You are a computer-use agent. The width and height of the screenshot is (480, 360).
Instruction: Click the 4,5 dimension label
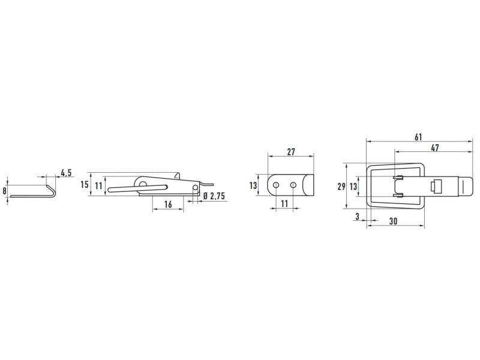[x=66, y=173]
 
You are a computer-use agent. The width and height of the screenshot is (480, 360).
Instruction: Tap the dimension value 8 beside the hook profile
[x=4, y=191]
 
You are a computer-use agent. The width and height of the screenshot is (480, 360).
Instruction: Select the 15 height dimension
[x=85, y=184]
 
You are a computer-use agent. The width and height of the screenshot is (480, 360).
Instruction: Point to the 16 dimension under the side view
[x=168, y=204]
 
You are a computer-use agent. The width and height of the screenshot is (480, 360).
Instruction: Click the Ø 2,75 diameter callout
[x=214, y=196]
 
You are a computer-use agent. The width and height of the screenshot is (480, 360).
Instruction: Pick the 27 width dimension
[x=291, y=152]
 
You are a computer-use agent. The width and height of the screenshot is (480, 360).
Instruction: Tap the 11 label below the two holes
[x=284, y=203]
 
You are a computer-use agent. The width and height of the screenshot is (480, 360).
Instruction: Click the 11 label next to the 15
[x=98, y=185]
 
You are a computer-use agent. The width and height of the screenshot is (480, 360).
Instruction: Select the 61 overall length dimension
[x=418, y=137]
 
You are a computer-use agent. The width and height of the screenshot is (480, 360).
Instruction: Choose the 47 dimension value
[x=434, y=148]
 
